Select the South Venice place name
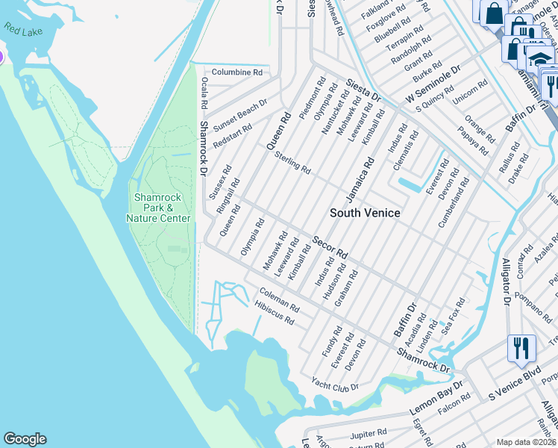(x=365, y=213)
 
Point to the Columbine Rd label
(x=236, y=72)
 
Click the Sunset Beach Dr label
(x=240, y=113)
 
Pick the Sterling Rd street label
(x=292, y=163)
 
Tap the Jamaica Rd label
(x=358, y=178)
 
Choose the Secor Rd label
(x=330, y=248)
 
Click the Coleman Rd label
(x=279, y=299)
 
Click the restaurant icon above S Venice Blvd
(x=521, y=348)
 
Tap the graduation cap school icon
(x=539, y=58)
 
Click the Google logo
(x=25, y=439)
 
